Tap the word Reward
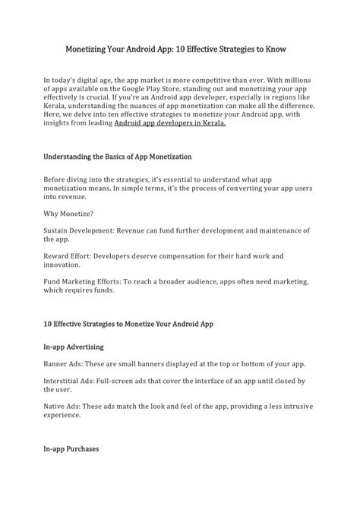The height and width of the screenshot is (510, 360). (x=57, y=256)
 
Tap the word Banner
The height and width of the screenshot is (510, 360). (x=56, y=363)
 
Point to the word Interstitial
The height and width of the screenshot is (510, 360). (x=63, y=380)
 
